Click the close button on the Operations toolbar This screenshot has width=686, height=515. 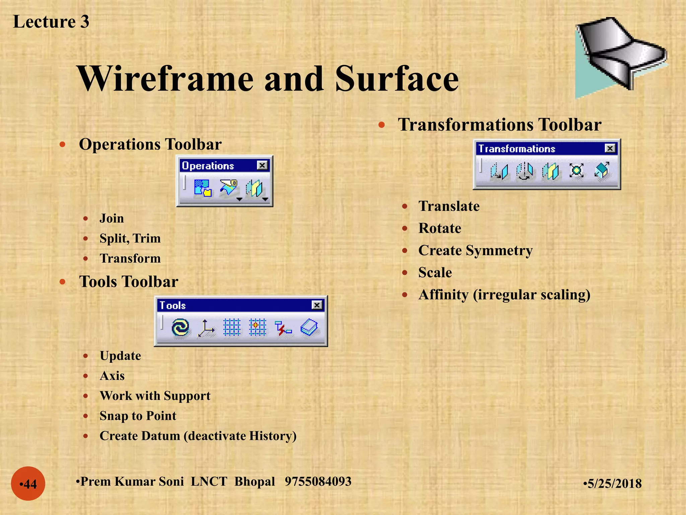point(262,165)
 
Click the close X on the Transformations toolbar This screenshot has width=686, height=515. point(610,148)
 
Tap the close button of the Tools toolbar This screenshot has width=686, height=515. point(317,305)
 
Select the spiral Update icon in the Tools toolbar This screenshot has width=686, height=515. point(180,327)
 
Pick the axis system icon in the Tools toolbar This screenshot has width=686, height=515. point(206,328)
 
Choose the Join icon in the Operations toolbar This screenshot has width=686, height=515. point(203,188)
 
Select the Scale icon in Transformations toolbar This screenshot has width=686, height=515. point(576,171)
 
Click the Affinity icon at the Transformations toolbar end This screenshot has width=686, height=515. point(602,171)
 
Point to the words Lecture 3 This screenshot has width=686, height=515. point(51,22)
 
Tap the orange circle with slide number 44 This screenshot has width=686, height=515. point(28,483)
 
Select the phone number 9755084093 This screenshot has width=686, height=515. point(318,481)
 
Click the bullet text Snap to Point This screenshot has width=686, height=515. point(138,416)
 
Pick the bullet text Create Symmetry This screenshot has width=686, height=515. point(475,250)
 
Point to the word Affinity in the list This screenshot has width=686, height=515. point(443,295)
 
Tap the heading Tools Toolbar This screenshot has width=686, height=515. point(128,282)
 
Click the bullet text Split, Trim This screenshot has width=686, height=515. point(130,238)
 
